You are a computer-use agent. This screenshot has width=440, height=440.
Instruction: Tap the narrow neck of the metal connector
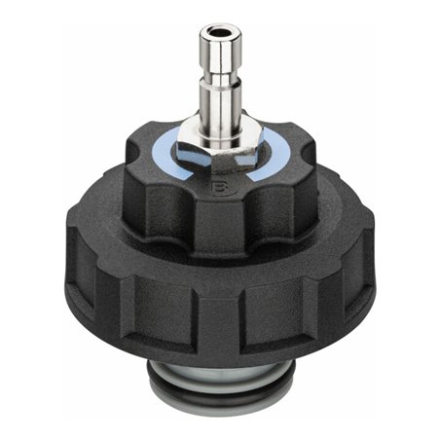220,77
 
